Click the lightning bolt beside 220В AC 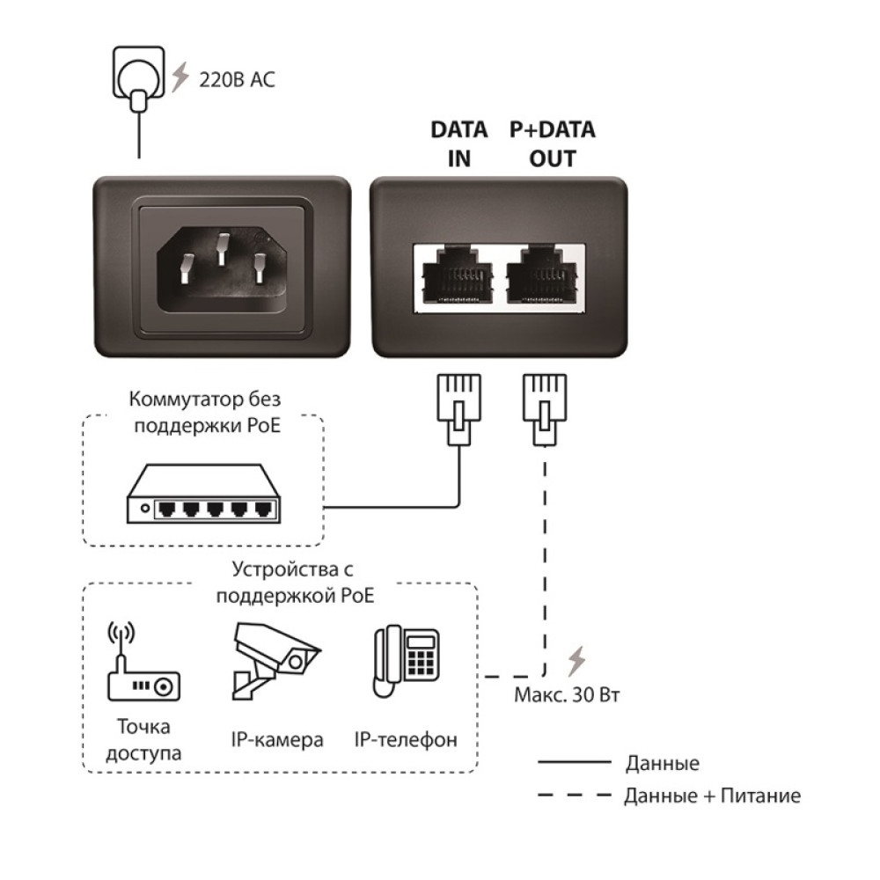180,77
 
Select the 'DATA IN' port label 458,144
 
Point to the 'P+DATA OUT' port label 553,144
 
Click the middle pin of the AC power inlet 221,249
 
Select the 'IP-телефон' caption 406,739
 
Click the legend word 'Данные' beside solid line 662,763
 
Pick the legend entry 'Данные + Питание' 712,796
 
